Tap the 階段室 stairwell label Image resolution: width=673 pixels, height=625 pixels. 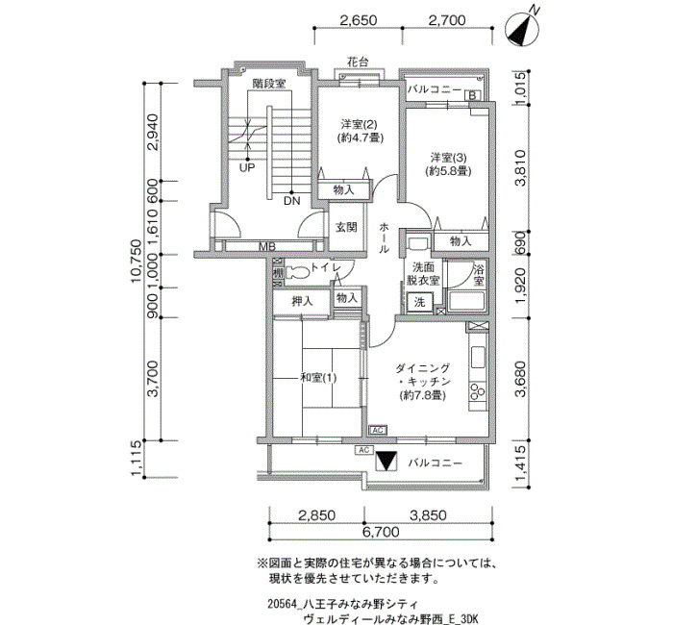pyautogui.click(x=268, y=83)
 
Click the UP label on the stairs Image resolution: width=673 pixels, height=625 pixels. pyautogui.click(x=247, y=167)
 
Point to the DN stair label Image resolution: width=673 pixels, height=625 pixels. pyautogui.click(x=292, y=200)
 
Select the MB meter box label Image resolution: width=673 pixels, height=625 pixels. pyautogui.click(x=266, y=247)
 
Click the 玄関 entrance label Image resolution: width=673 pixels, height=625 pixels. pyautogui.click(x=346, y=227)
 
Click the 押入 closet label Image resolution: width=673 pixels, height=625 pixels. pyautogui.click(x=303, y=301)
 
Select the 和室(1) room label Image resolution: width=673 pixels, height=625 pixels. pyautogui.click(x=318, y=378)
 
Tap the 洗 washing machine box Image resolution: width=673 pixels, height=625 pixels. pyautogui.click(x=419, y=302)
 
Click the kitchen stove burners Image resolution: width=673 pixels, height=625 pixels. pyautogui.click(x=478, y=391)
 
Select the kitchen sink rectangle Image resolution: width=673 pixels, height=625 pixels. pyautogui.click(x=478, y=357)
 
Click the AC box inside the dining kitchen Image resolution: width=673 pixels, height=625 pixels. pyautogui.click(x=378, y=430)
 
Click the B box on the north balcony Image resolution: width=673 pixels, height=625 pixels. pyautogui.click(x=472, y=95)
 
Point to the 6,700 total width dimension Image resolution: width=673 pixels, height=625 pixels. pyautogui.click(x=381, y=533)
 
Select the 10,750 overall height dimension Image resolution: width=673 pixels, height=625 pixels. pyautogui.click(x=137, y=261)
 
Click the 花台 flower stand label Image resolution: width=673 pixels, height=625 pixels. pyautogui.click(x=358, y=62)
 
